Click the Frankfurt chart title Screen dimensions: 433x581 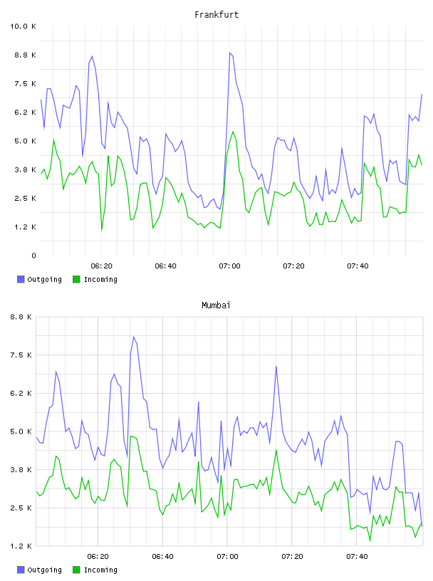[216, 15]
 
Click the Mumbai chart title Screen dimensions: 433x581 [216, 305]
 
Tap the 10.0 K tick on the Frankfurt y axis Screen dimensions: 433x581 [23, 26]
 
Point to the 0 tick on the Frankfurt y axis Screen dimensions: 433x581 [33, 256]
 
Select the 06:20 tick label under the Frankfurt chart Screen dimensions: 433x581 [102, 266]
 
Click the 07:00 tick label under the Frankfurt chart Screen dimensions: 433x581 [229, 266]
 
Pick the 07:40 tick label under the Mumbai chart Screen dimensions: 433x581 [357, 557]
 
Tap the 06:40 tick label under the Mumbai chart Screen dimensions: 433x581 [162, 557]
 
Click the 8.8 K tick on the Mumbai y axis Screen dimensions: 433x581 [21, 317]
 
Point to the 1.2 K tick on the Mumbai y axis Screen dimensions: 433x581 [21, 546]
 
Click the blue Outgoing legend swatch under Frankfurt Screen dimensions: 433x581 [21, 279]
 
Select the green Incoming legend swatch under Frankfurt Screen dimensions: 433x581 [76, 279]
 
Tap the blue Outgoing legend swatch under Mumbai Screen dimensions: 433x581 [21, 570]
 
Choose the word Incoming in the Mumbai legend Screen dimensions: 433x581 [100, 570]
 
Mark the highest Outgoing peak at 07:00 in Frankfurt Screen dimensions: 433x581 [230, 53]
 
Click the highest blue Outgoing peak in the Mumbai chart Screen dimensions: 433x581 [133, 337]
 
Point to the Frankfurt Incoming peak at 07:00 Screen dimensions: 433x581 [233, 132]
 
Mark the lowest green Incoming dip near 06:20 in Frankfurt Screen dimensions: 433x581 [102, 231]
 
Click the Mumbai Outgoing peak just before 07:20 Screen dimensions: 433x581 [276, 367]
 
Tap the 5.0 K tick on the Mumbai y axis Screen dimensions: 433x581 [21, 431]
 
